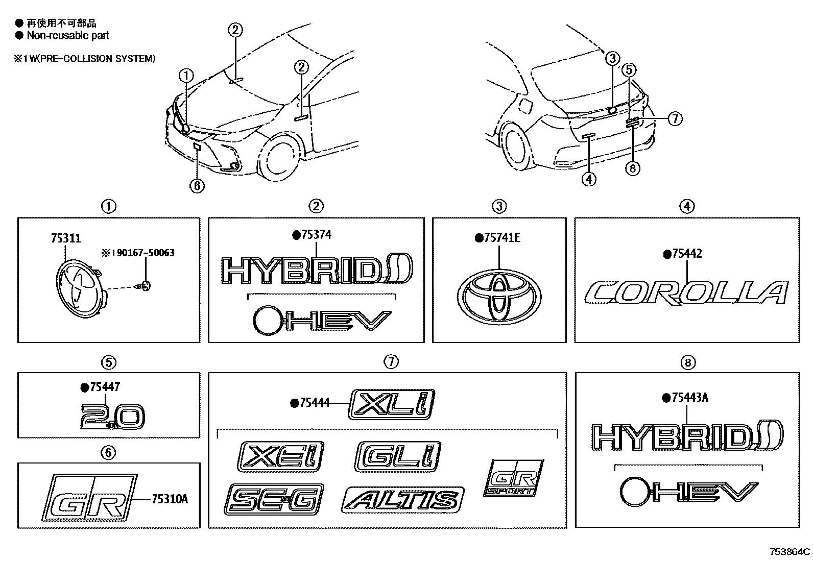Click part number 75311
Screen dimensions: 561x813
(x=66, y=238)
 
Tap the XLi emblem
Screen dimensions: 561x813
(x=391, y=404)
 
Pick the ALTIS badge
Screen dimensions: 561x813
(x=402, y=500)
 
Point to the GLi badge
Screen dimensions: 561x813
(x=398, y=455)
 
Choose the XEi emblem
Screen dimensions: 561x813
(x=281, y=456)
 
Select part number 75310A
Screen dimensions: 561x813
(x=170, y=499)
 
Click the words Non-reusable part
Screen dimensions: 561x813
(x=68, y=35)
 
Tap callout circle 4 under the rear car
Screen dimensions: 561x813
(x=588, y=179)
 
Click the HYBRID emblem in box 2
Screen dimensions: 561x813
(x=317, y=271)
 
